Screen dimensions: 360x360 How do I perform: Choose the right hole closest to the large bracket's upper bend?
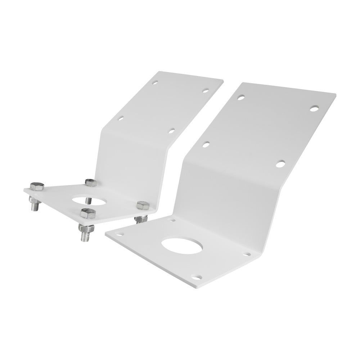pyautogui.click(x=280, y=164)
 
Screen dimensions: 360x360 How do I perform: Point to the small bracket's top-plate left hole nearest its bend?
pyautogui.click(x=121, y=118)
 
